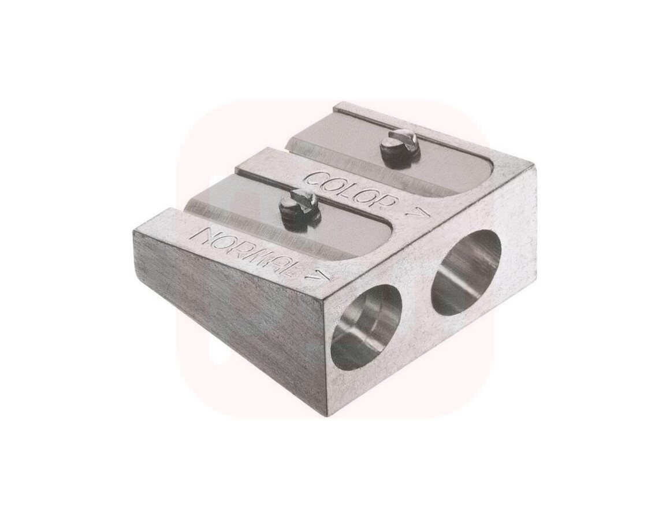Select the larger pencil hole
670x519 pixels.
pos(466,273)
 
